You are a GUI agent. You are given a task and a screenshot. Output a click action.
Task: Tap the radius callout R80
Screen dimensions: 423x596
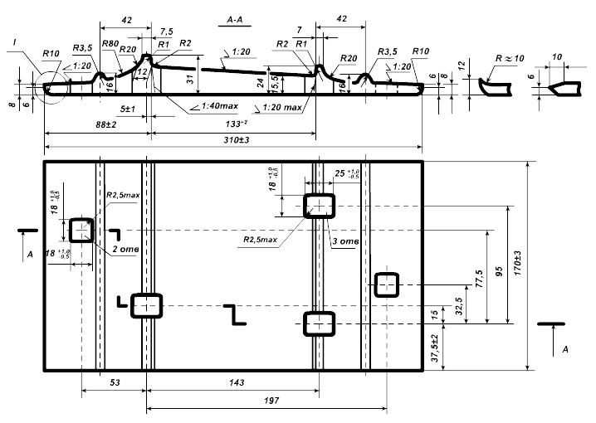[x=109, y=44]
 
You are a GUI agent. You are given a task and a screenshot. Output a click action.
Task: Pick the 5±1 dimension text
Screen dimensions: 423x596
[x=128, y=109]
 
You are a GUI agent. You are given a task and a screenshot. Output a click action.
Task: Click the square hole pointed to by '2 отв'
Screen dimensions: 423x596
[x=81, y=229]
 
